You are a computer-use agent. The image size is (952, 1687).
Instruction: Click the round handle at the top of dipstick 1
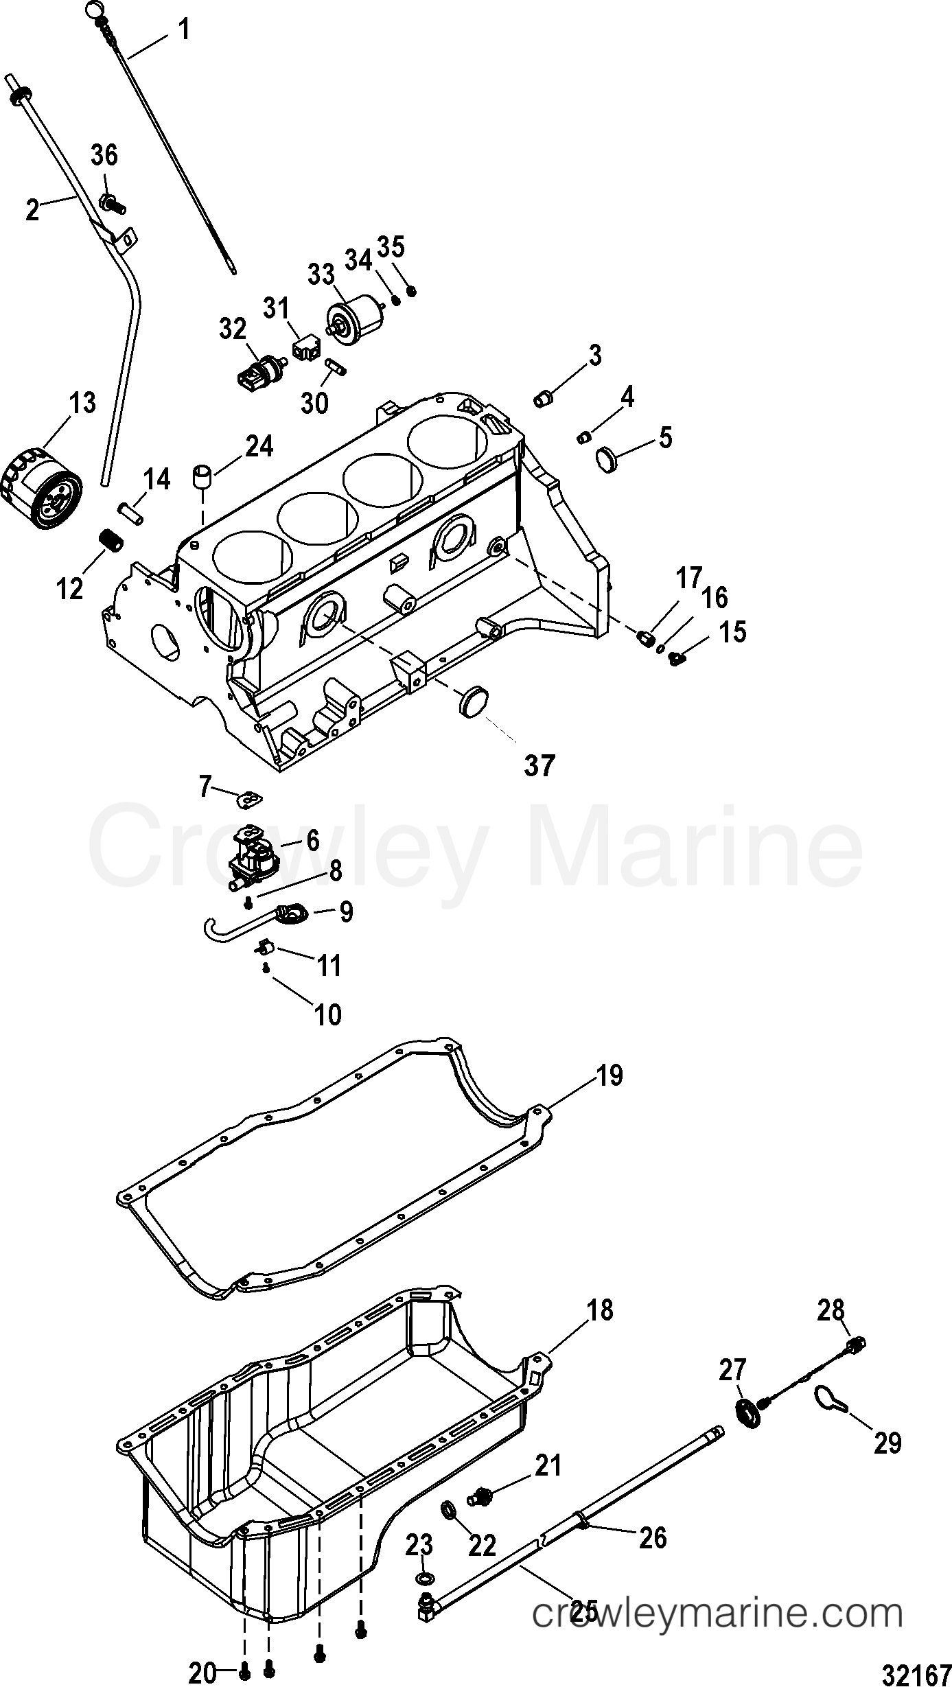(94, 10)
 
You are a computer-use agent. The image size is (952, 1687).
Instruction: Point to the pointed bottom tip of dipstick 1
(235, 273)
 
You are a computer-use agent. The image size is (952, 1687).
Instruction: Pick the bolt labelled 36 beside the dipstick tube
(110, 203)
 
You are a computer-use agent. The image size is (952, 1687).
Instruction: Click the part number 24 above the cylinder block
(257, 447)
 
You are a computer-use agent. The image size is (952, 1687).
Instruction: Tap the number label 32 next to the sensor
(233, 329)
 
